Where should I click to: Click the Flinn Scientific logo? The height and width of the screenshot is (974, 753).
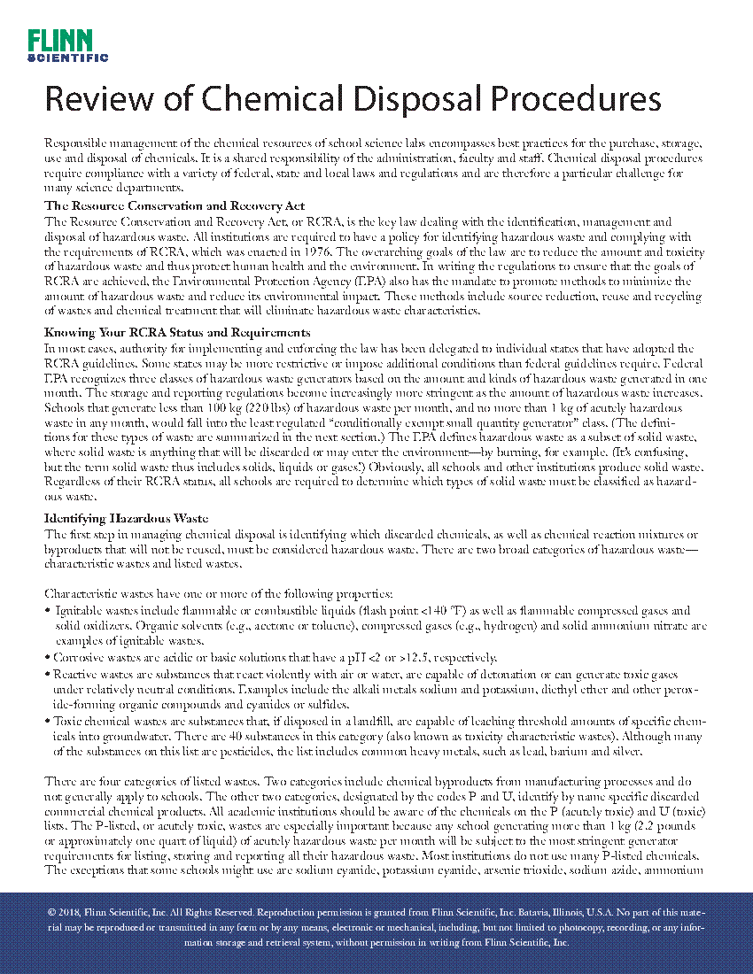point(67,45)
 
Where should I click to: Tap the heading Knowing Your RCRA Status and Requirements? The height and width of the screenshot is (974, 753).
point(177,332)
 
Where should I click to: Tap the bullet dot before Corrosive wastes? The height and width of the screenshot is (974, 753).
point(47,658)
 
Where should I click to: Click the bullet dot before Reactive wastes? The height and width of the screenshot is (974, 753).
point(47,674)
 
